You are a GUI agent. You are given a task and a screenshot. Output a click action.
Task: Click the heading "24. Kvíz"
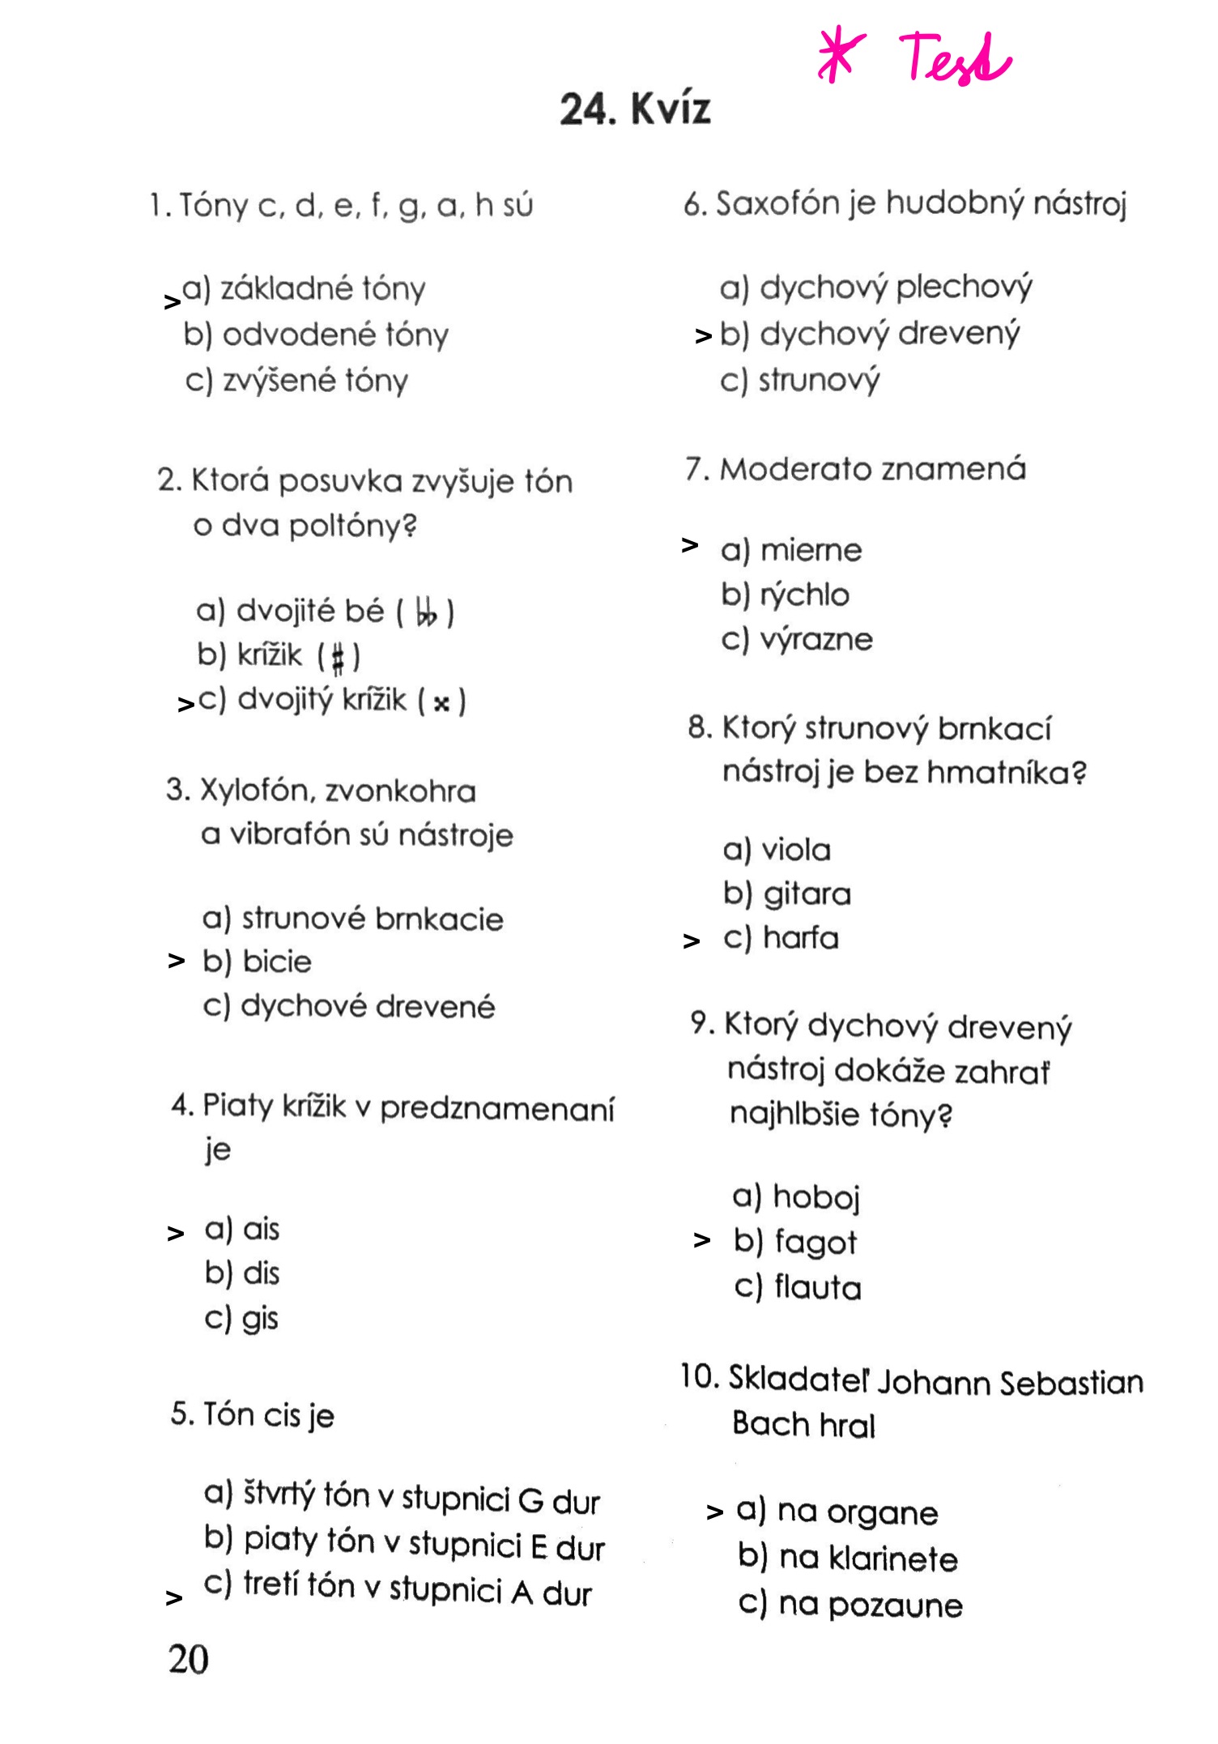coord(635,109)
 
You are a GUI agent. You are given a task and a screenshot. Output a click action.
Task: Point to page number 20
coord(188,1659)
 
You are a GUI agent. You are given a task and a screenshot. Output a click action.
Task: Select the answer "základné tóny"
coord(322,288)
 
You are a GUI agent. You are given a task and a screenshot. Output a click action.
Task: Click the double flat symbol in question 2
coord(426,612)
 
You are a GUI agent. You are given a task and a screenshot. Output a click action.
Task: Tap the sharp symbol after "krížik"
coord(339,656)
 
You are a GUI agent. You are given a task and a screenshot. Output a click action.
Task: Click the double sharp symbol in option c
coord(441,702)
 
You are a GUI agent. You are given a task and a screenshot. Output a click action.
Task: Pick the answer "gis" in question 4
coord(260,1319)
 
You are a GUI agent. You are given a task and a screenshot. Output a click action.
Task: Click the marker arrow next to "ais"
coord(175,1234)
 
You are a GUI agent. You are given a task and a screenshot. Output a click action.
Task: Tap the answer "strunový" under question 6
coord(818,380)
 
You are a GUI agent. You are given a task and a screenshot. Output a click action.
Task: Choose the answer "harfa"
coord(800,938)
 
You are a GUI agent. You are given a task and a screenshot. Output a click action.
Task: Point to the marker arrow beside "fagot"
coord(702,1240)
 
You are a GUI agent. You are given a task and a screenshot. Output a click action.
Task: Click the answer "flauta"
coord(817,1287)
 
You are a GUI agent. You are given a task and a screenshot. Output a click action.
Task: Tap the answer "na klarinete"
coord(867,1559)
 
